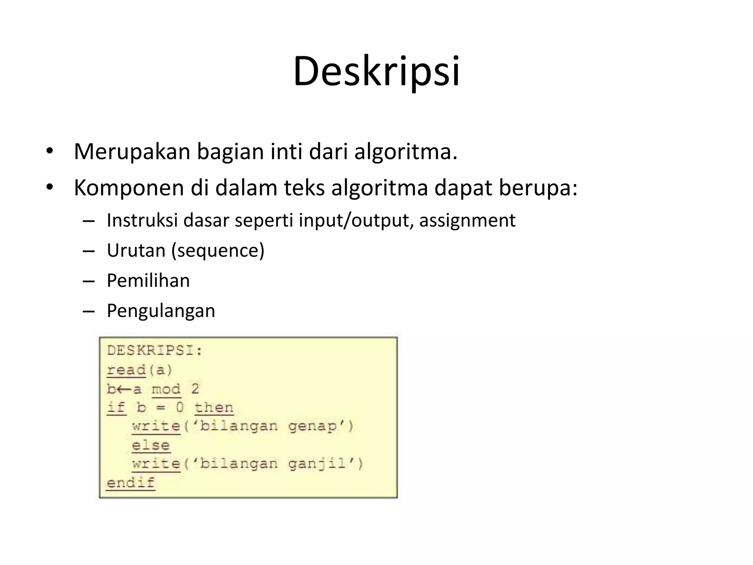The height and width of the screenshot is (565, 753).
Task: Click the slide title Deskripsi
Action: [x=376, y=71]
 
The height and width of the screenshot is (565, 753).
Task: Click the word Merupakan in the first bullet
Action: [x=132, y=151]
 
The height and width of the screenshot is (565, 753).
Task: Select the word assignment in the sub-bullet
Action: [x=467, y=221]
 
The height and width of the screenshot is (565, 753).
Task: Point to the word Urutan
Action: [x=136, y=250]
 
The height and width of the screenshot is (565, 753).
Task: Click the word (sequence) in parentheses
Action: [x=218, y=251]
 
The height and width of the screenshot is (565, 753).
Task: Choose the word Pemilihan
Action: [x=148, y=281]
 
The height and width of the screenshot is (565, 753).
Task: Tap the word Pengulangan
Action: [x=161, y=311]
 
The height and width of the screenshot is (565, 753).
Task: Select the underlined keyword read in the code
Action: [x=126, y=370]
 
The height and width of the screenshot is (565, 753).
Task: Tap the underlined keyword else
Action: [x=151, y=445]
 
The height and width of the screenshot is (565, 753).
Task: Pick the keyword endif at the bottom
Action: [x=131, y=483]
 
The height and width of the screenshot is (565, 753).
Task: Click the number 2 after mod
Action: [x=195, y=389]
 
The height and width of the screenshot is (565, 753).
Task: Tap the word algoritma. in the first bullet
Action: [x=406, y=151]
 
